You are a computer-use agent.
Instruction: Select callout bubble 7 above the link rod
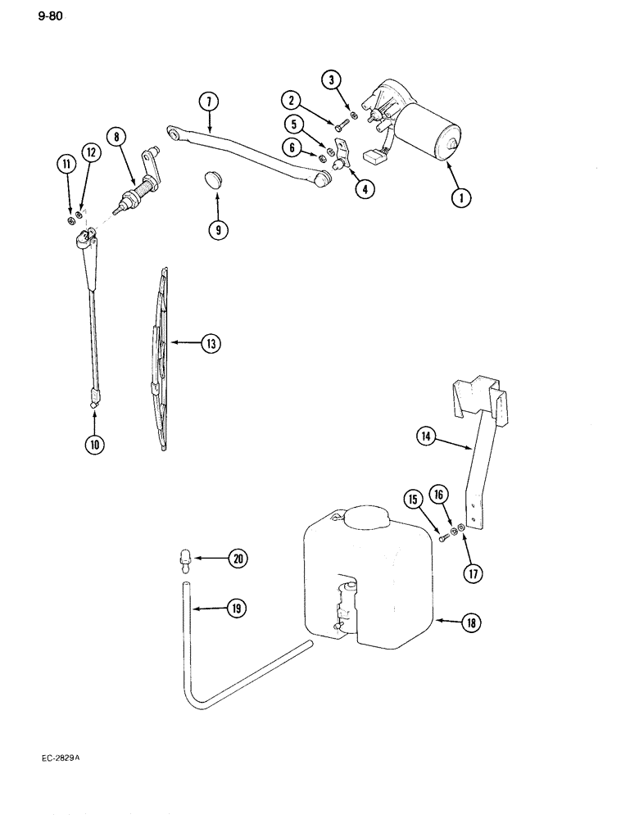tap(208, 102)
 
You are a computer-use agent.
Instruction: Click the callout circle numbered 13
tap(211, 344)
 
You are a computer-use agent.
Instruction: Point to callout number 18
tap(472, 622)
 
